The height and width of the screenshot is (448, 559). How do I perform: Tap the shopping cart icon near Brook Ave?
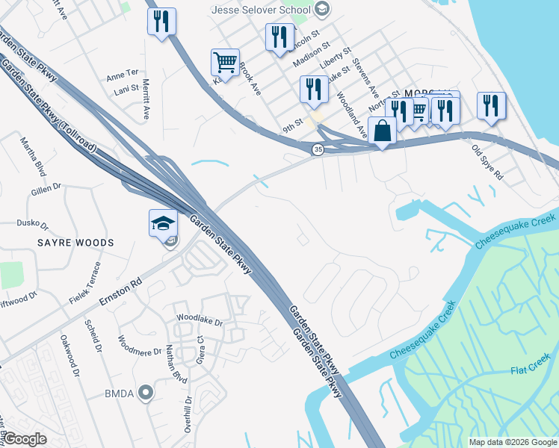[x=225, y=63]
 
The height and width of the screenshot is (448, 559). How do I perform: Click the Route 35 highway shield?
[x=318, y=150]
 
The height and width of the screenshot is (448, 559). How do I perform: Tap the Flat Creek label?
[x=529, y=370]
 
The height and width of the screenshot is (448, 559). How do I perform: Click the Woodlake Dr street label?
[x=200, y=321]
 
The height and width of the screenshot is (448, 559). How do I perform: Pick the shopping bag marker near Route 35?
[x=382, y=131]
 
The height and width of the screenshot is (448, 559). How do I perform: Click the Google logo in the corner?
[x=25, y=439]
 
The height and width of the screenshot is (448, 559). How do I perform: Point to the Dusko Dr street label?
[x=33, y=224]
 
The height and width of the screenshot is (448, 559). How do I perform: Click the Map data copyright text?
[x=512, y=442]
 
